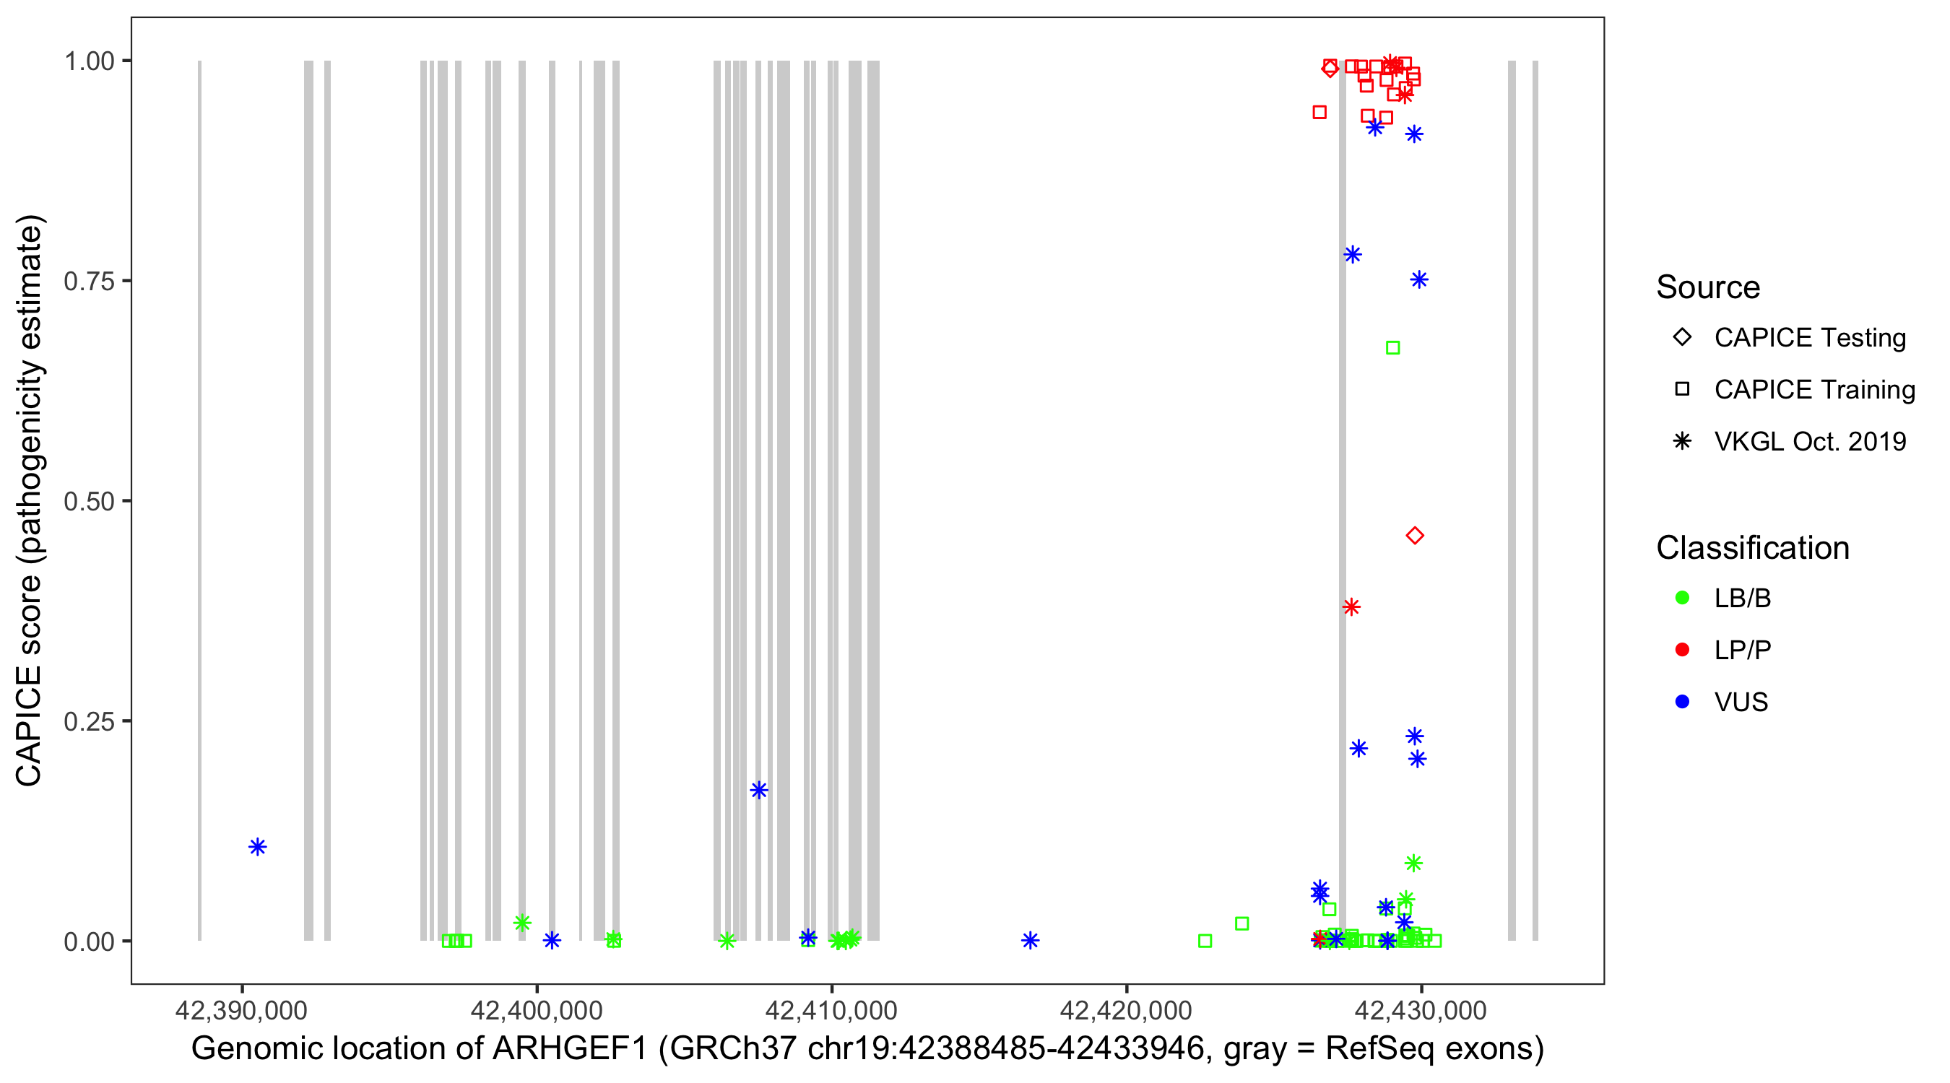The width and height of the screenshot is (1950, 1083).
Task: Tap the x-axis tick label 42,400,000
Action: [x=536, y=1009]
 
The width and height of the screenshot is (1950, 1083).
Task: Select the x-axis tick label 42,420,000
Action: [x=1126, y=1009]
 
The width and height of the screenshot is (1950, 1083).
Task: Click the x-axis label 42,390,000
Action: [x=241, y=1009]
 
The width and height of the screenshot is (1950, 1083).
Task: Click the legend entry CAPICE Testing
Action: [x=1809, y=338]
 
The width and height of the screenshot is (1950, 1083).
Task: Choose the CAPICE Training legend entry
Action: [x=1813, y=390]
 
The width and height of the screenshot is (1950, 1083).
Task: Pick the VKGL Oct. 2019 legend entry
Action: [x=1809, y=441]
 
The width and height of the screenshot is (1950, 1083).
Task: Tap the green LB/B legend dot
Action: [x=1682, y=598]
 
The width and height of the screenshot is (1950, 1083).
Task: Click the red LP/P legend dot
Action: [x=1682, y=650]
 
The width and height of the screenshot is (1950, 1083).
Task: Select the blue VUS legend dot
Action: [x=1682, y=702]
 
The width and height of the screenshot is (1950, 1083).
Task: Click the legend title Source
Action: [x=1708, y=287]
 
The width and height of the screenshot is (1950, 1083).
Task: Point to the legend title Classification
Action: [x=1752, y=548]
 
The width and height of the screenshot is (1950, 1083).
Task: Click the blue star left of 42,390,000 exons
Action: [x=257, y=847]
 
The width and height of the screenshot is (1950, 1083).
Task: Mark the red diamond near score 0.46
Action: [x=1414, y=536]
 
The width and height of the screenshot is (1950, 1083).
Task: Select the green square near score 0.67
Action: [x=1392, y=348]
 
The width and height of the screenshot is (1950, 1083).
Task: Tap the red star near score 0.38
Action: [x=1351, y=607]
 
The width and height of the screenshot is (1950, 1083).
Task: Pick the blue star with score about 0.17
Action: [x=758, y=790]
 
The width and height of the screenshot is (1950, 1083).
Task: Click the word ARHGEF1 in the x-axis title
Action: [x=570, y=1049]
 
